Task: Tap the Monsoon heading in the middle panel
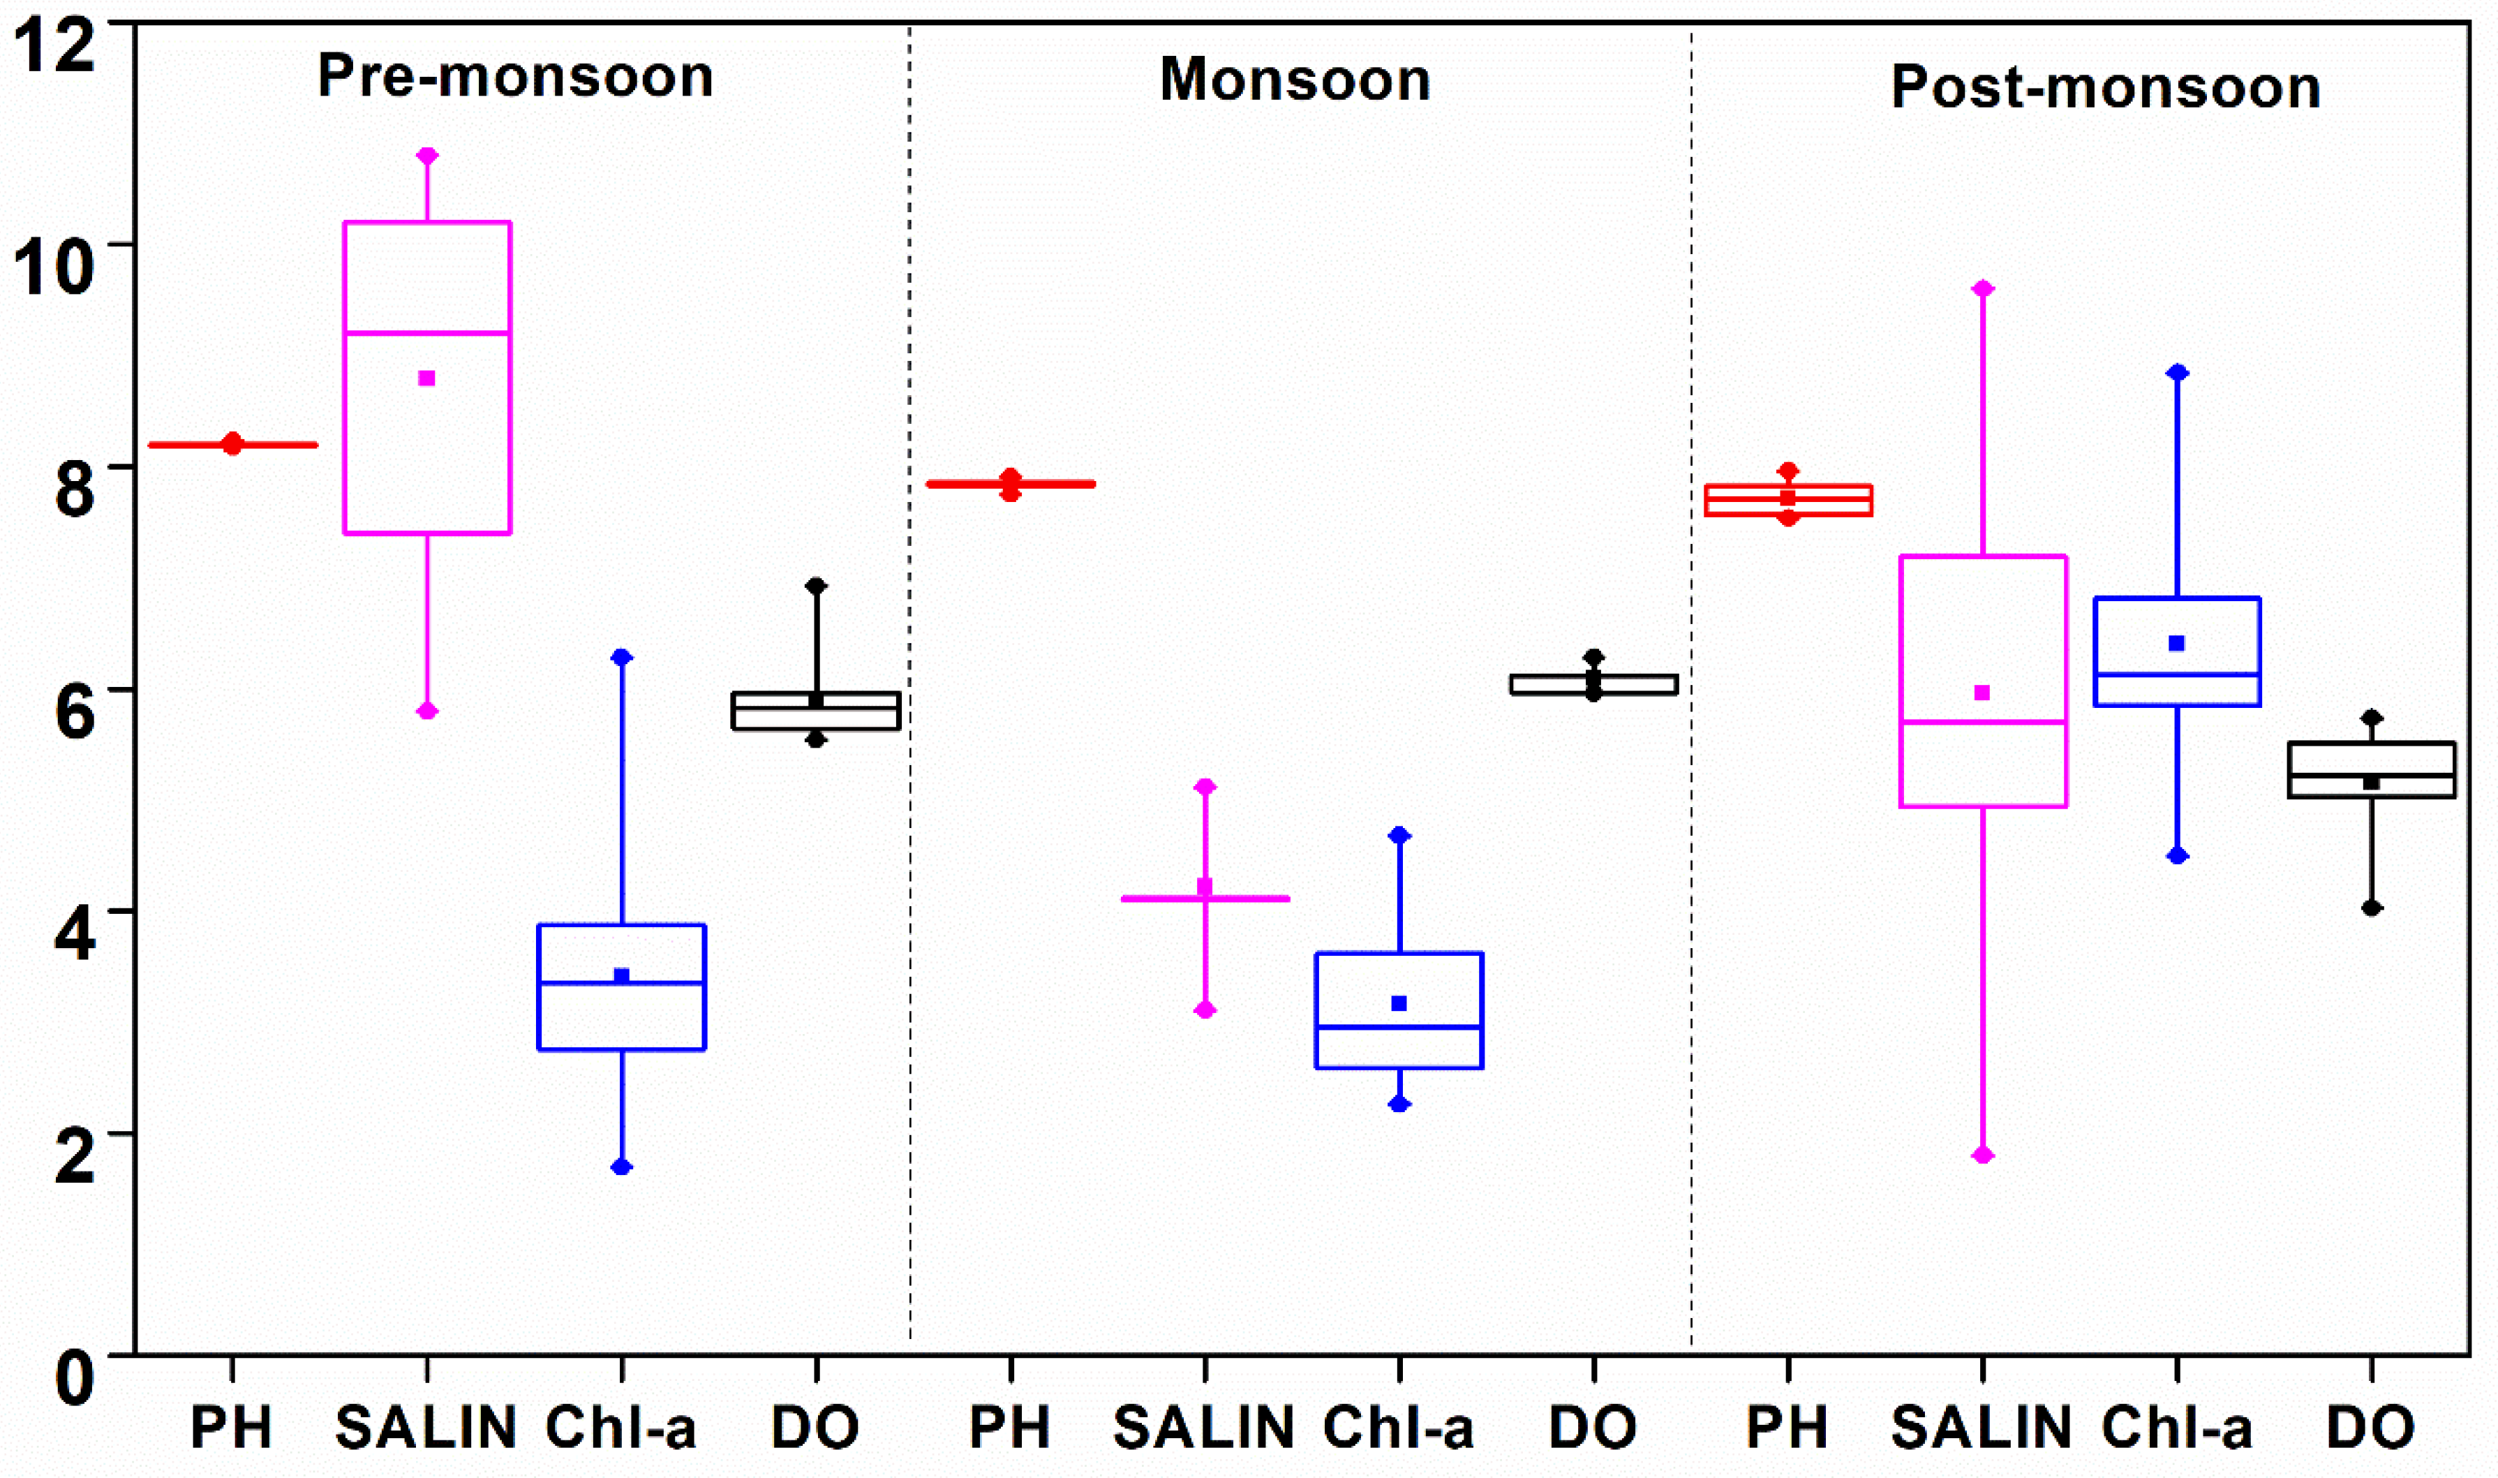(1294, 80)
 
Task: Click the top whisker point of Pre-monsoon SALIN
(427, 156)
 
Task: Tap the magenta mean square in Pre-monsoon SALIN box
(427, 378)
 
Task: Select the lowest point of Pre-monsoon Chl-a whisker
(621, 1166)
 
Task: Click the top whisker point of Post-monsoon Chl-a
(2178, 373)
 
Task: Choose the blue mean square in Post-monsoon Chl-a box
(2176, 644)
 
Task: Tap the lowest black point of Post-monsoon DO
(2372, 908)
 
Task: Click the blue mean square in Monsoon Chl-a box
(1399, 1003)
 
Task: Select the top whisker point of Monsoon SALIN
(1205, 787)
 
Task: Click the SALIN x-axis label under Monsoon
(1204, 1427)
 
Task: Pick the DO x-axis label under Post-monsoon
(2370, 1427)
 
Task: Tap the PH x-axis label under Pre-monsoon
(231, 1427)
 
